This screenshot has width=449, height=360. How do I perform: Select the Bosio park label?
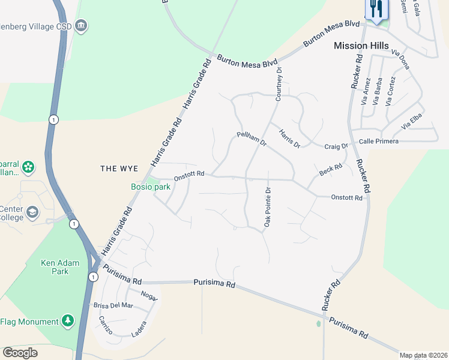tap(151, 187)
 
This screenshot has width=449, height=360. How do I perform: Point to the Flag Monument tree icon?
tap(68, 322)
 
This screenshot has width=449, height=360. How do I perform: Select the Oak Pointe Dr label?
tap(268, 208)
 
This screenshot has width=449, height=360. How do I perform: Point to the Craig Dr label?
tap(336, 146)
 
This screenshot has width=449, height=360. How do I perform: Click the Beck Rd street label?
tap(331, 170)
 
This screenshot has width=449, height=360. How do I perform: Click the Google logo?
tap(20, 353)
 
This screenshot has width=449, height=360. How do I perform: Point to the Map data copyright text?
tap(423, 355)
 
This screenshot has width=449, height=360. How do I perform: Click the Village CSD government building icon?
tap(82, 26)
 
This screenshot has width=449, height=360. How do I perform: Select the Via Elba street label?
tap(414, 122)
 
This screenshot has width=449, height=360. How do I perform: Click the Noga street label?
tap(148, 295)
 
